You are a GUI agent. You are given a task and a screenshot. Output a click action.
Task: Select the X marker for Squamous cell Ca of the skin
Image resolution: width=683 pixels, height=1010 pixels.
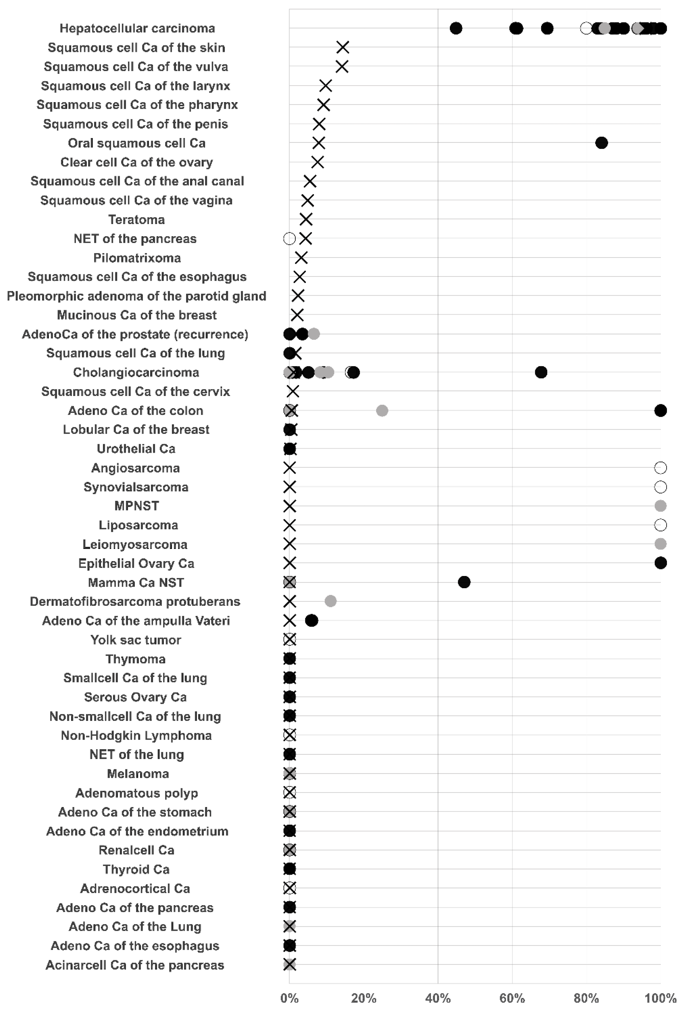coord(342,47)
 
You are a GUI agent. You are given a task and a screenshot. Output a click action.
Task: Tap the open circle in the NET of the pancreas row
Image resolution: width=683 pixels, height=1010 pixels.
coord(289,239)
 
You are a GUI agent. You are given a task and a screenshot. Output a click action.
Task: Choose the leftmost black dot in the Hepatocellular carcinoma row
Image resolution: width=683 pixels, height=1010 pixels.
coord(456,28)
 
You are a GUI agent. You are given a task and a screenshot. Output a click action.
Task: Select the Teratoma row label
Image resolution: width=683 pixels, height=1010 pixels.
coord(136,219)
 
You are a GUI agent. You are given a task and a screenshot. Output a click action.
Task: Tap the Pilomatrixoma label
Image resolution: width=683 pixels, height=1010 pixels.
coord(137,258)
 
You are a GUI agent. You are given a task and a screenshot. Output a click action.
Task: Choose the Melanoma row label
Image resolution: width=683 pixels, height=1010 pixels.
coord(138,774)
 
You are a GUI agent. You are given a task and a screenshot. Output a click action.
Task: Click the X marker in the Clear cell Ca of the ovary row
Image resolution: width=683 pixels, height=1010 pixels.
coord(317,162)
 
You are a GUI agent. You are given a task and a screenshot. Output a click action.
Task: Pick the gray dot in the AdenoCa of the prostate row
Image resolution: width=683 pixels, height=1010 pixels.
coord(314,334)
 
